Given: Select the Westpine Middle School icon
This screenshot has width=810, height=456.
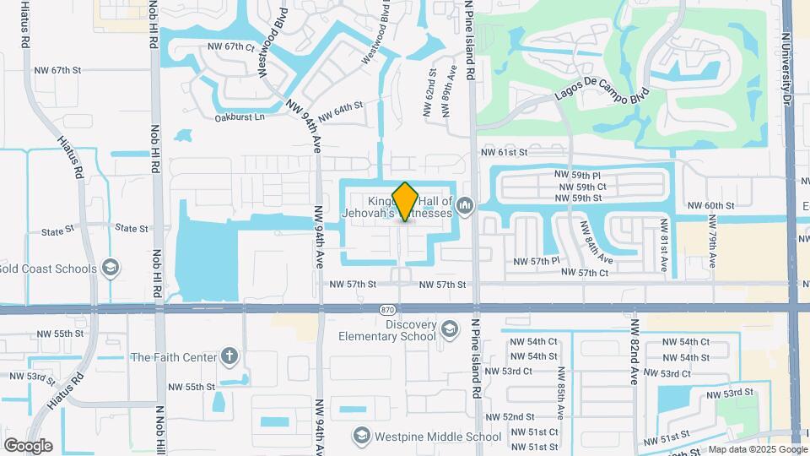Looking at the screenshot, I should tap(362, 436).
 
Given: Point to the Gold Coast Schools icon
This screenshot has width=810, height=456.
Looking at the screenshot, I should tap(109, 269).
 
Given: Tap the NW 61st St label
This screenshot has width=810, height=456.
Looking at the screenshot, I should tap(504, 153).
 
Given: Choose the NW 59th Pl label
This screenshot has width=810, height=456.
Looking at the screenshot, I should tap(578, 175).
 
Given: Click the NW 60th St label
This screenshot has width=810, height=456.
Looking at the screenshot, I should tap(711, 206).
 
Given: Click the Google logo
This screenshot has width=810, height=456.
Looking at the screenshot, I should tap(28, 446).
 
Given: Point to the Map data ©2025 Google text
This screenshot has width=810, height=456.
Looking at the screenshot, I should tap(757, 449).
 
